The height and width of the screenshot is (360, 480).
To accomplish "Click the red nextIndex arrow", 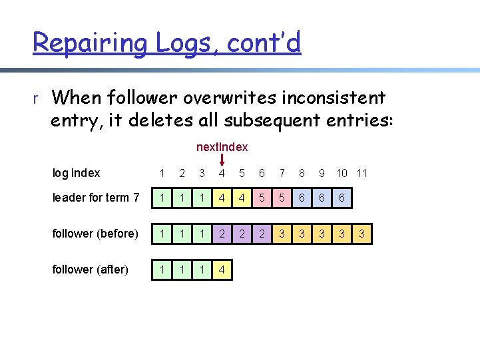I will [x=222, y=160].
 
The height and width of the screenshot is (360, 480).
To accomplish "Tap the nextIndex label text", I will [x=222, y=146].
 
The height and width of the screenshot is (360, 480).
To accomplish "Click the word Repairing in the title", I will [x=91, y=43].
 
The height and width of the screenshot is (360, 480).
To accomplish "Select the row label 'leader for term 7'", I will [x=95, y=198].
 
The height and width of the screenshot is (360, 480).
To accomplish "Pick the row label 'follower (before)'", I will [x=95, y=234].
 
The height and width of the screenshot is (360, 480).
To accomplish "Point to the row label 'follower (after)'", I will [x=90, y=270].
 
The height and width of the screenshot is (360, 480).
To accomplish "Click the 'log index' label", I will [x=76, y=173].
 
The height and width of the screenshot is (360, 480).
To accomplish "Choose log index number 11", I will [x=361, y=173].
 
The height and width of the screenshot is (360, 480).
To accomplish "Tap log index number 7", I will [x=282, y=173].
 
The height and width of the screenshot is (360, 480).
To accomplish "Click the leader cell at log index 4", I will [x=222, y=198].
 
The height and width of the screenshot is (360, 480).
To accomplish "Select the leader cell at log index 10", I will [x=342, y=198].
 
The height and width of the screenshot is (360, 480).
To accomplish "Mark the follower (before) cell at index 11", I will [x=361, y=234].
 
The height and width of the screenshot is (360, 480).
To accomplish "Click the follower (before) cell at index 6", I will [x=262, y=234].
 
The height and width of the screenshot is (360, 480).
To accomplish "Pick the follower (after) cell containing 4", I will [x=222, y=270].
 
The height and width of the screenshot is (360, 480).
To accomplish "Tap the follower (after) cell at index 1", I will [x=162, y=270].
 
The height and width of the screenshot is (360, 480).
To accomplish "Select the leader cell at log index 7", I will [x=282, y=198].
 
